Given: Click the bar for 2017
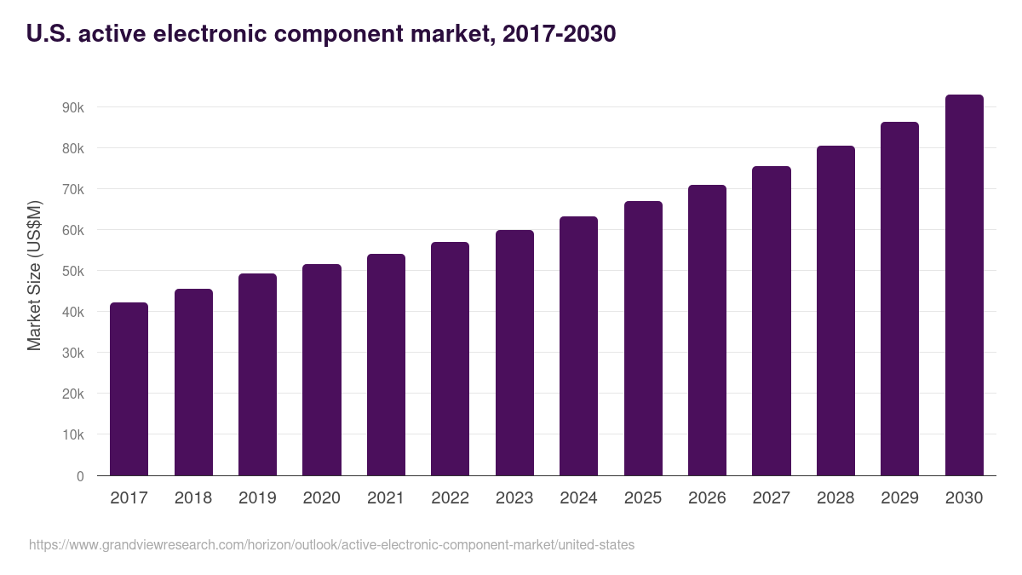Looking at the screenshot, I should click(x=129, y=389).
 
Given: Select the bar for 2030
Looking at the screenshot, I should click(x=964, y=285).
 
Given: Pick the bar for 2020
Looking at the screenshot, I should click(x=322, y=370).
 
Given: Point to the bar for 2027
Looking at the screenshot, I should click(x=772, y=321).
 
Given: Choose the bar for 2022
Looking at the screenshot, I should click(x=450, y=359).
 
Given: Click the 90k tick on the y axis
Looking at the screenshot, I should click(x=72, y=108).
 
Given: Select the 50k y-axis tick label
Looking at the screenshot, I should click(x=72, y=272).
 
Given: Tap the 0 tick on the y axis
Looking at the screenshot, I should click(x=80, y=476).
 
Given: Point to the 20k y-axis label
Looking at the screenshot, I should click(x=72, y=394).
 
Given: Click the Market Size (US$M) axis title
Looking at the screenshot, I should click(x=34, y=275).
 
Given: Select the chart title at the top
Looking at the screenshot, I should click(x=321, y=34).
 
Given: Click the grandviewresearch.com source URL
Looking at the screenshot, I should click(x=331, y=544).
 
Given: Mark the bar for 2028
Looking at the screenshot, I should click(x=835, y=311).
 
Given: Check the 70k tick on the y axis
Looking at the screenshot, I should click(x=72, y=190).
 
